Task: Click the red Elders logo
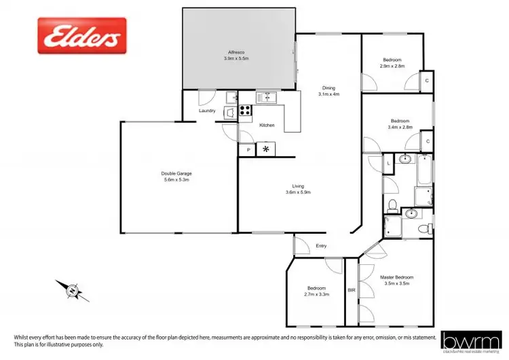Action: (81, 35)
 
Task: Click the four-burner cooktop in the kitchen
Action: (246, 109)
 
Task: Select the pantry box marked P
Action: (248, 149)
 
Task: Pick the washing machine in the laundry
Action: (231, 111)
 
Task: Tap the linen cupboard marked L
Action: (388, 163)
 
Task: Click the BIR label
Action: (351, 290)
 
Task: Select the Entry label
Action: (321, 246)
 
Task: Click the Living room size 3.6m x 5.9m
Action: (297, 192)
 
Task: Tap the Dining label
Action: (328, 88)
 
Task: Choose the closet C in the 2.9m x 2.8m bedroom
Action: (426, 80)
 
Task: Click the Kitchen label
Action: (267, 126)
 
